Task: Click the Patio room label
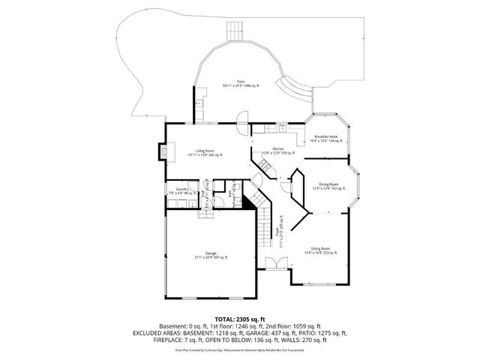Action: coord(241,81)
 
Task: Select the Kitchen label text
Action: coord(277,149)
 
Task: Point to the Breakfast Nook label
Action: coord(325,136)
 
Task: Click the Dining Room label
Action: coord(328,184)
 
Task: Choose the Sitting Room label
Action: coord(320,248)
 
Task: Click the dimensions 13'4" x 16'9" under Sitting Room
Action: coord(320,253)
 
